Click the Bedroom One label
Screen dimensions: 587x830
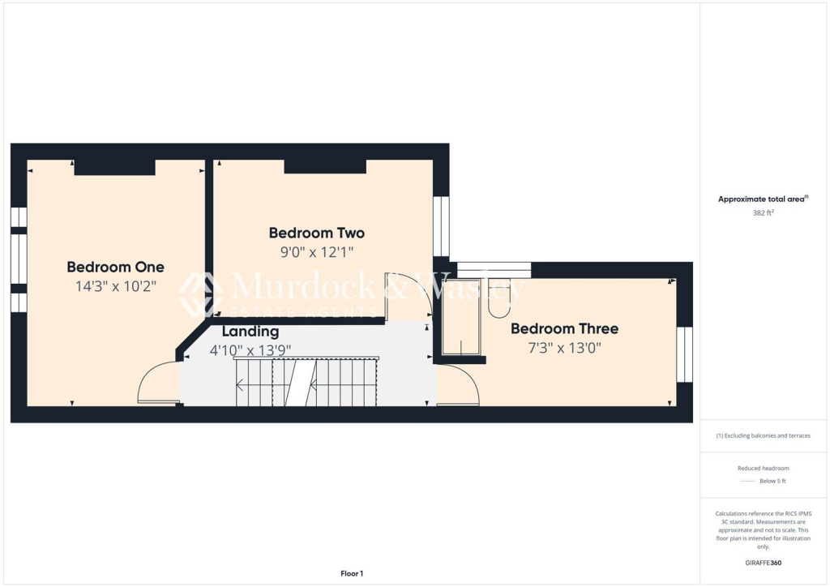[115, 267]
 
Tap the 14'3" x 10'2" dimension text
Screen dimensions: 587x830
[115, 285]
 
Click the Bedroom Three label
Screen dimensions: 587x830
[564, 328]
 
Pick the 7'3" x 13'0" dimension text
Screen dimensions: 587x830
[564, 348]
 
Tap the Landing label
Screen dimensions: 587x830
[250, 331]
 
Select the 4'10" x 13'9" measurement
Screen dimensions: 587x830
[250, 350]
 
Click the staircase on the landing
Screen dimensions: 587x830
[307, 383]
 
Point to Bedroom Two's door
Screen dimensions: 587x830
[407, 297]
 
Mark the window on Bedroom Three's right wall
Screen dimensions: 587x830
[685, 354]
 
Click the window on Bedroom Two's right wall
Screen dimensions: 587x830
[441, 226]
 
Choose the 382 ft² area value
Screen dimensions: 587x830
[762, 212]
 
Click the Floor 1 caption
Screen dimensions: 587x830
[352, 574]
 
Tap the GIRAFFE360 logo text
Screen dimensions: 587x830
[764, 562]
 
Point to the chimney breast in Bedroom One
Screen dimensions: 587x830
[114, 167]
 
